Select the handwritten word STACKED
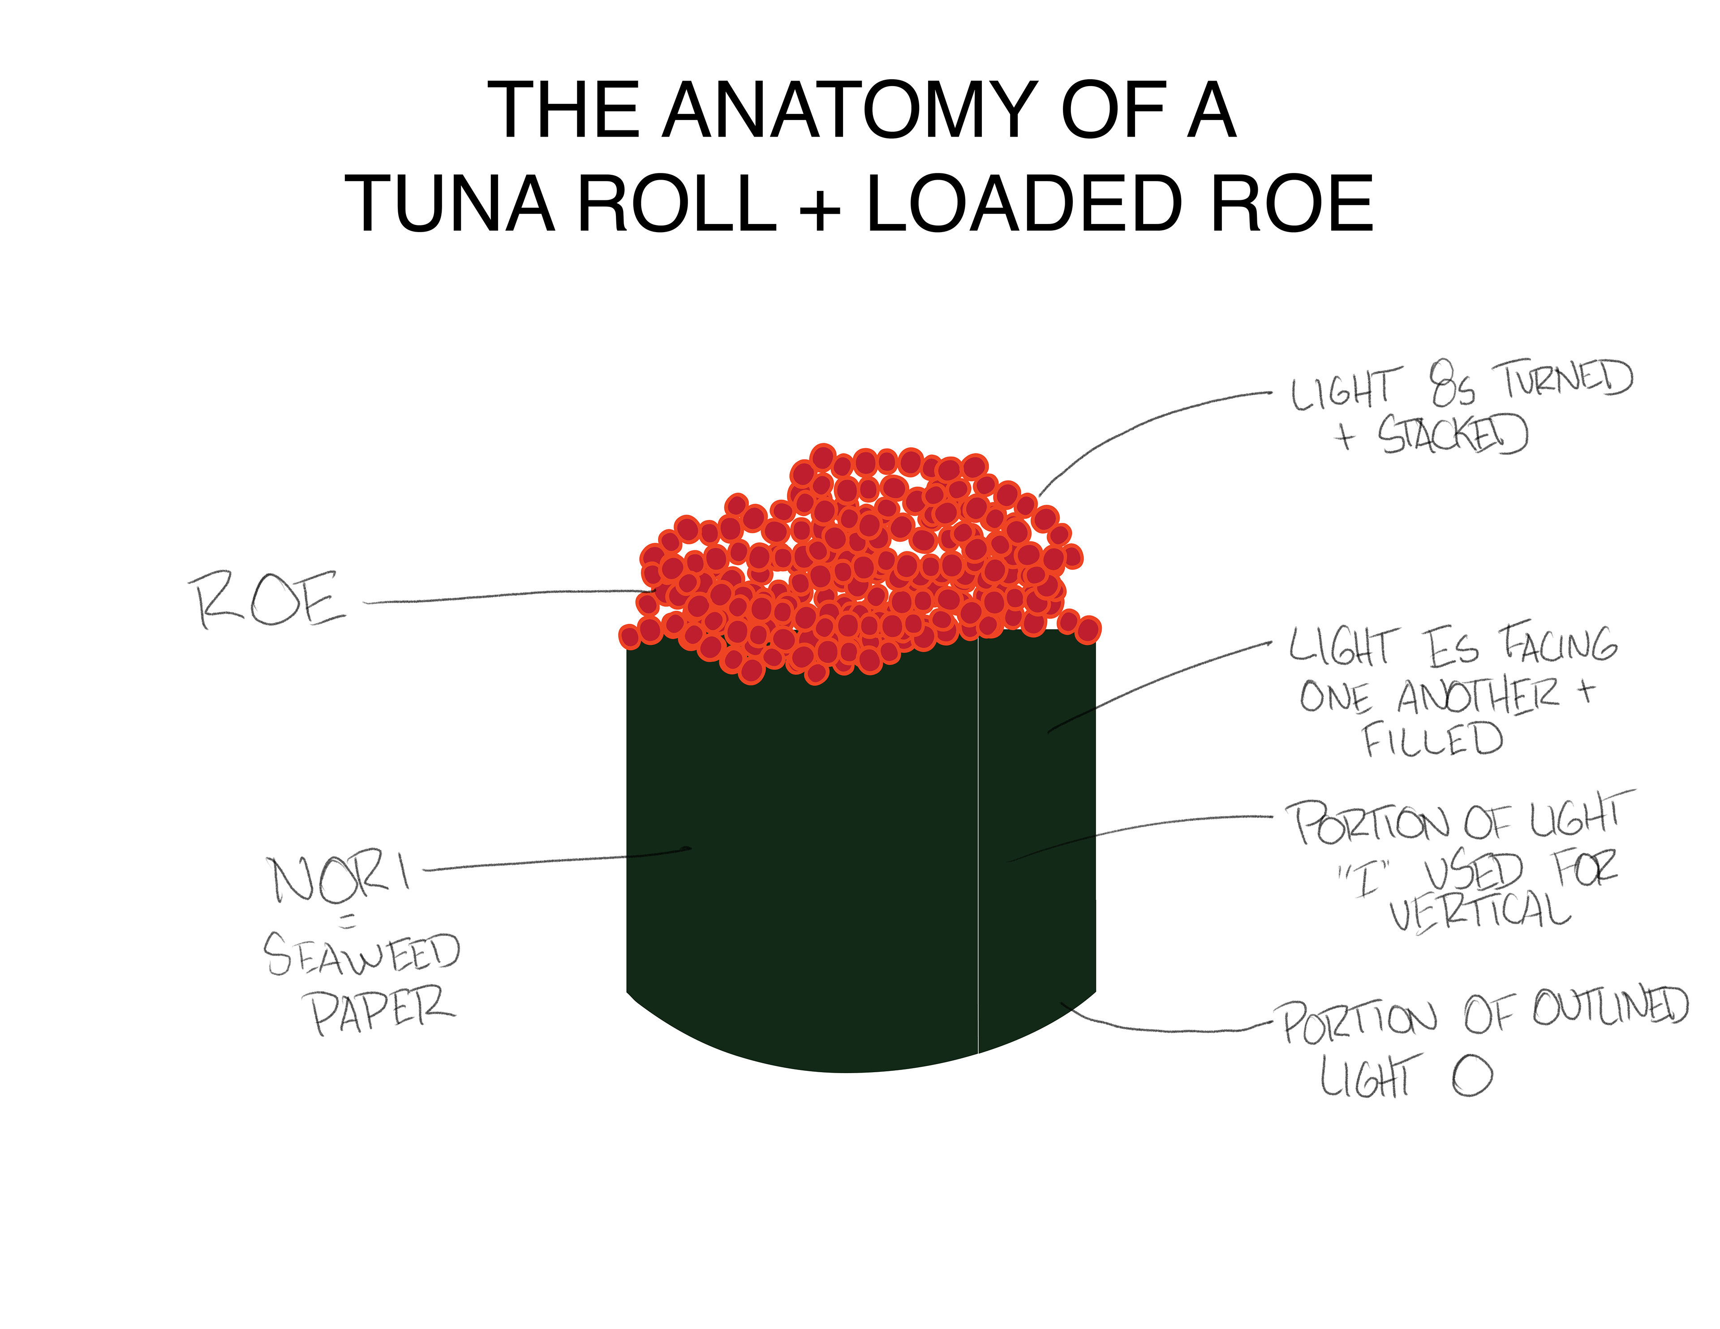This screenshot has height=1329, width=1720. (1453, 434)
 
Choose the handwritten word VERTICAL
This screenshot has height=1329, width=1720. (1480, 912)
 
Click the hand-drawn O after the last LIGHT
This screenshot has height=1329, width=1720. (1473, 1076)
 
